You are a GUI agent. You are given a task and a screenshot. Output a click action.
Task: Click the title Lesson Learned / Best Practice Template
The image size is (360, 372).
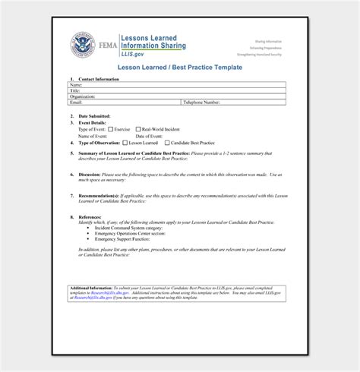[179, 68]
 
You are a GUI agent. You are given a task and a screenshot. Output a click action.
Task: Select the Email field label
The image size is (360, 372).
[75, 102]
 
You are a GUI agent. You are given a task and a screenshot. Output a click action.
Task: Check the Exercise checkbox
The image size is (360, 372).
[109, 129]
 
